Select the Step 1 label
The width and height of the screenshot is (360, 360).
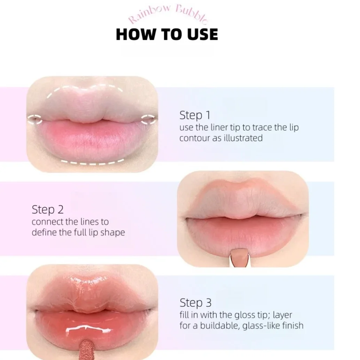point(195,115)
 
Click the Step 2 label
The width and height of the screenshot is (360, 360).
point(48,210)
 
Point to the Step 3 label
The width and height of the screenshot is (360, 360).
point(195,303)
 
